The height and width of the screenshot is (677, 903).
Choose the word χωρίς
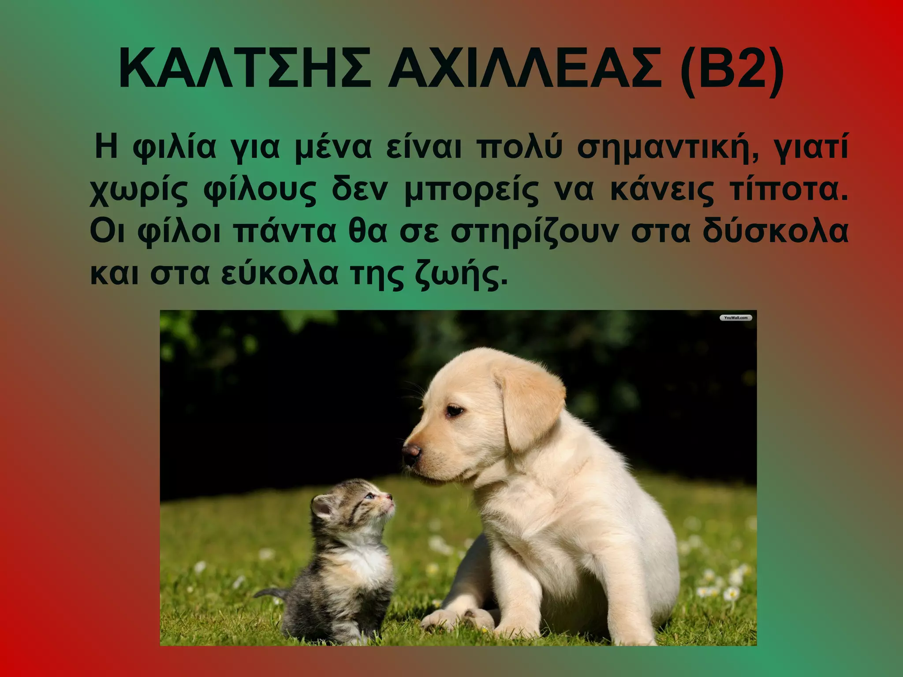(x=139, y=191)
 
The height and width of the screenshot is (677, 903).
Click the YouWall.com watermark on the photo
(x=735, y=318)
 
